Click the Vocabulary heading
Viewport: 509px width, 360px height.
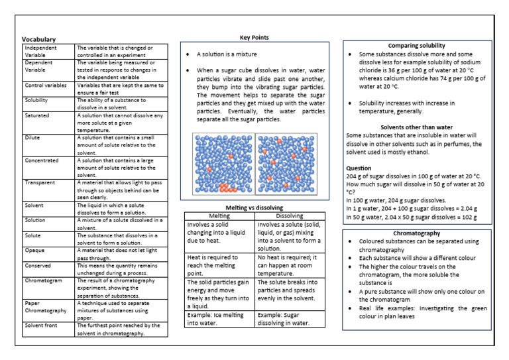[x=38, y=40]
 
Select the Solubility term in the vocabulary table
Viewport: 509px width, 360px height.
[x=37, y=100]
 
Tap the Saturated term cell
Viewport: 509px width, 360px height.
[x=36, y=115]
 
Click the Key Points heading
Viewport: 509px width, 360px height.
[x=254, y=38]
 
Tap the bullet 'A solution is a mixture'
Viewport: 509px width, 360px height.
[x=225, y=54]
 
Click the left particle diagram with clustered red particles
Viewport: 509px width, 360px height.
[x=223, y=164]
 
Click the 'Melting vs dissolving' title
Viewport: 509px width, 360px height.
[x=254, y=208]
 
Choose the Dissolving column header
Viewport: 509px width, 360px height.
[x=290, y=216]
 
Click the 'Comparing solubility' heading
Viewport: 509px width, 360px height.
[x=416, y=45]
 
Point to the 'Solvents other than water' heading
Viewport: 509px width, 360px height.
[x=416, y=127]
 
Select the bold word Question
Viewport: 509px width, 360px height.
[x=359, y=168]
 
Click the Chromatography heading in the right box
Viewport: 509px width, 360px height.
[x=416, y=234]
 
